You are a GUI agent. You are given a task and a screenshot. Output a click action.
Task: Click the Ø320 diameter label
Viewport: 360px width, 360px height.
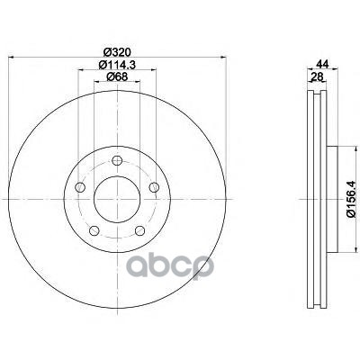[x=117, y=52]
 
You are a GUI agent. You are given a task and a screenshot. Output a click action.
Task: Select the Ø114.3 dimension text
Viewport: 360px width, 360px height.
[x=117, y=65]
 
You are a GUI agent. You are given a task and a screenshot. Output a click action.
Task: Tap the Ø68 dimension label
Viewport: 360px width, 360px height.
[x=117, y=76]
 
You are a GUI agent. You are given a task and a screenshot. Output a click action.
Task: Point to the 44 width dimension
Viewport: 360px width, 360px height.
[x=323, y=64]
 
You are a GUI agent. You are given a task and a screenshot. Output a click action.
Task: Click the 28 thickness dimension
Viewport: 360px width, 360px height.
[x=317, y=77]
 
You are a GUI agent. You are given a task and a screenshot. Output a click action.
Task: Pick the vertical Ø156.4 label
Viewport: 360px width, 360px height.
[x=351, y=199]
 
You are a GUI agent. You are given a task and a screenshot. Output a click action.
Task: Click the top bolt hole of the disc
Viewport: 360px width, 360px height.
[x=117, y=160]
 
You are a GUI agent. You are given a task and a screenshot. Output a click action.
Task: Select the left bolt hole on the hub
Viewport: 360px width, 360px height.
[x=79, y=187]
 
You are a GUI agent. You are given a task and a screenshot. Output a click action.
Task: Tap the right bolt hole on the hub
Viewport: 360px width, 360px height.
[x=154, y=187]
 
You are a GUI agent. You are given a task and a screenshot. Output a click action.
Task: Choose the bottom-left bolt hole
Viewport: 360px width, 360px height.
[x=94, y=230]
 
